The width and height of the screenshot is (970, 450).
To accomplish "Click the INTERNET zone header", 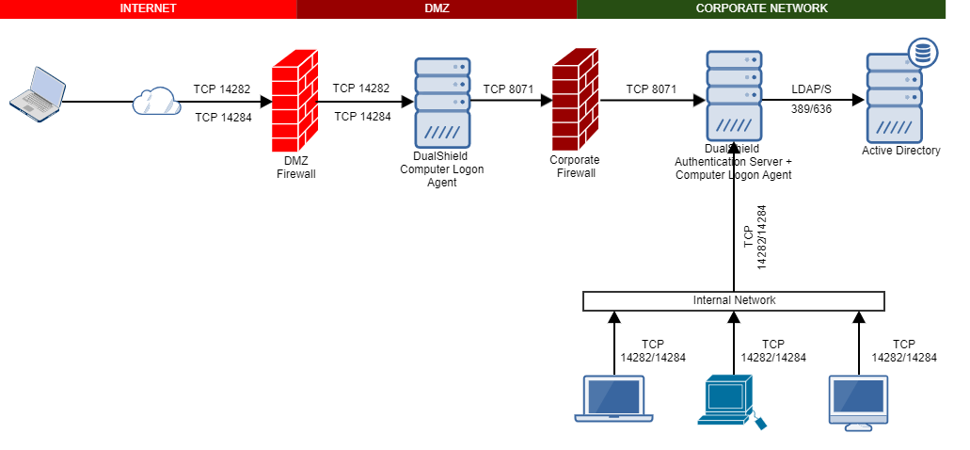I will coord(148,8).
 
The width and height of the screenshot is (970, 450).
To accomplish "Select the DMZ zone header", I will coord(437,8).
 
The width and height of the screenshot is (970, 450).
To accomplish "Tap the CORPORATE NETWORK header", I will coord(761,8).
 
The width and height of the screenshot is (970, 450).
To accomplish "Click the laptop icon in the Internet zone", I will coord(37,91).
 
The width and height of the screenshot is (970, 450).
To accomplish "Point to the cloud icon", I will coord(155,100).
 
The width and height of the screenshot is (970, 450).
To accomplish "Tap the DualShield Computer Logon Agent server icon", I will coord(442,100).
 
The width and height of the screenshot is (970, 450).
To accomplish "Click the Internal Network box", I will coord(734,300).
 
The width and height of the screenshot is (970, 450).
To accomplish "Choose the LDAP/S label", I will coord(811,88).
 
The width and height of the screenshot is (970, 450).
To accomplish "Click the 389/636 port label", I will coord(811,109).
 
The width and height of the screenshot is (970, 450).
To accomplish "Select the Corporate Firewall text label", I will coord(574,167).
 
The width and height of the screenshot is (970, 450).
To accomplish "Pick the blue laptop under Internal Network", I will coord(613,399).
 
